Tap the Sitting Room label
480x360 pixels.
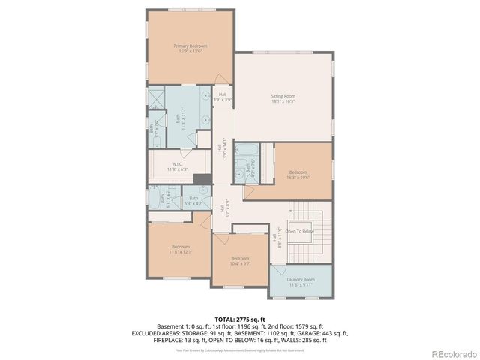(x=283, y=96)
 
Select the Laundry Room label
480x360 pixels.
(x=301, y=280)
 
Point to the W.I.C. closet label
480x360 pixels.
(x=178, y=164)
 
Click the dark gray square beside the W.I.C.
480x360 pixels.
(x=201, y=178)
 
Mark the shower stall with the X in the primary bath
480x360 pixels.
(x=156, y=100)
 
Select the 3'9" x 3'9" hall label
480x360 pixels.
(x=223, y=97)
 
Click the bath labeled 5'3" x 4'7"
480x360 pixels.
(x=193, y=200)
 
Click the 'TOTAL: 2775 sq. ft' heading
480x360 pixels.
(x=239, y=319)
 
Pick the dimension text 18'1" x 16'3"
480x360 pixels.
(x=283, y=100)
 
